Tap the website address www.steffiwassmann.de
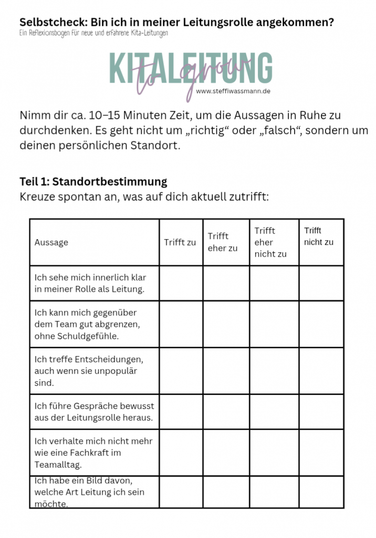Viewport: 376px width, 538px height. click(x=234, y=90)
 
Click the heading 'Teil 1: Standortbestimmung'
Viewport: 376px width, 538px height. click(x=93, y=182)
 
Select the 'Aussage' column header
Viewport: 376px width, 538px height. click(x=51, y=242)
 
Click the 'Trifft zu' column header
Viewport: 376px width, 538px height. click(x=180, y=242)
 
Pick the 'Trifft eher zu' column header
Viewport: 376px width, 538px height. click(x=223, y=242)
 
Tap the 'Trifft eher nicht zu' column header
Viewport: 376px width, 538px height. click(x=270, y=242)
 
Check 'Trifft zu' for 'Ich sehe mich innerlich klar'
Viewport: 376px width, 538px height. click(x=181, y=283)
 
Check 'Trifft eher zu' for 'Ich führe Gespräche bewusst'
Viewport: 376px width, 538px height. click(x=226, y=411)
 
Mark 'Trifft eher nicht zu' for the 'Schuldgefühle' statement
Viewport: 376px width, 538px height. click(x=274, y=324)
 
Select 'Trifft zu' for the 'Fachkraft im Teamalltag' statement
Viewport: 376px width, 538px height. click(x=181, y=452)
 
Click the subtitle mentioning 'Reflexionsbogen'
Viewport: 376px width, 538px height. click(x=94, y=33)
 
